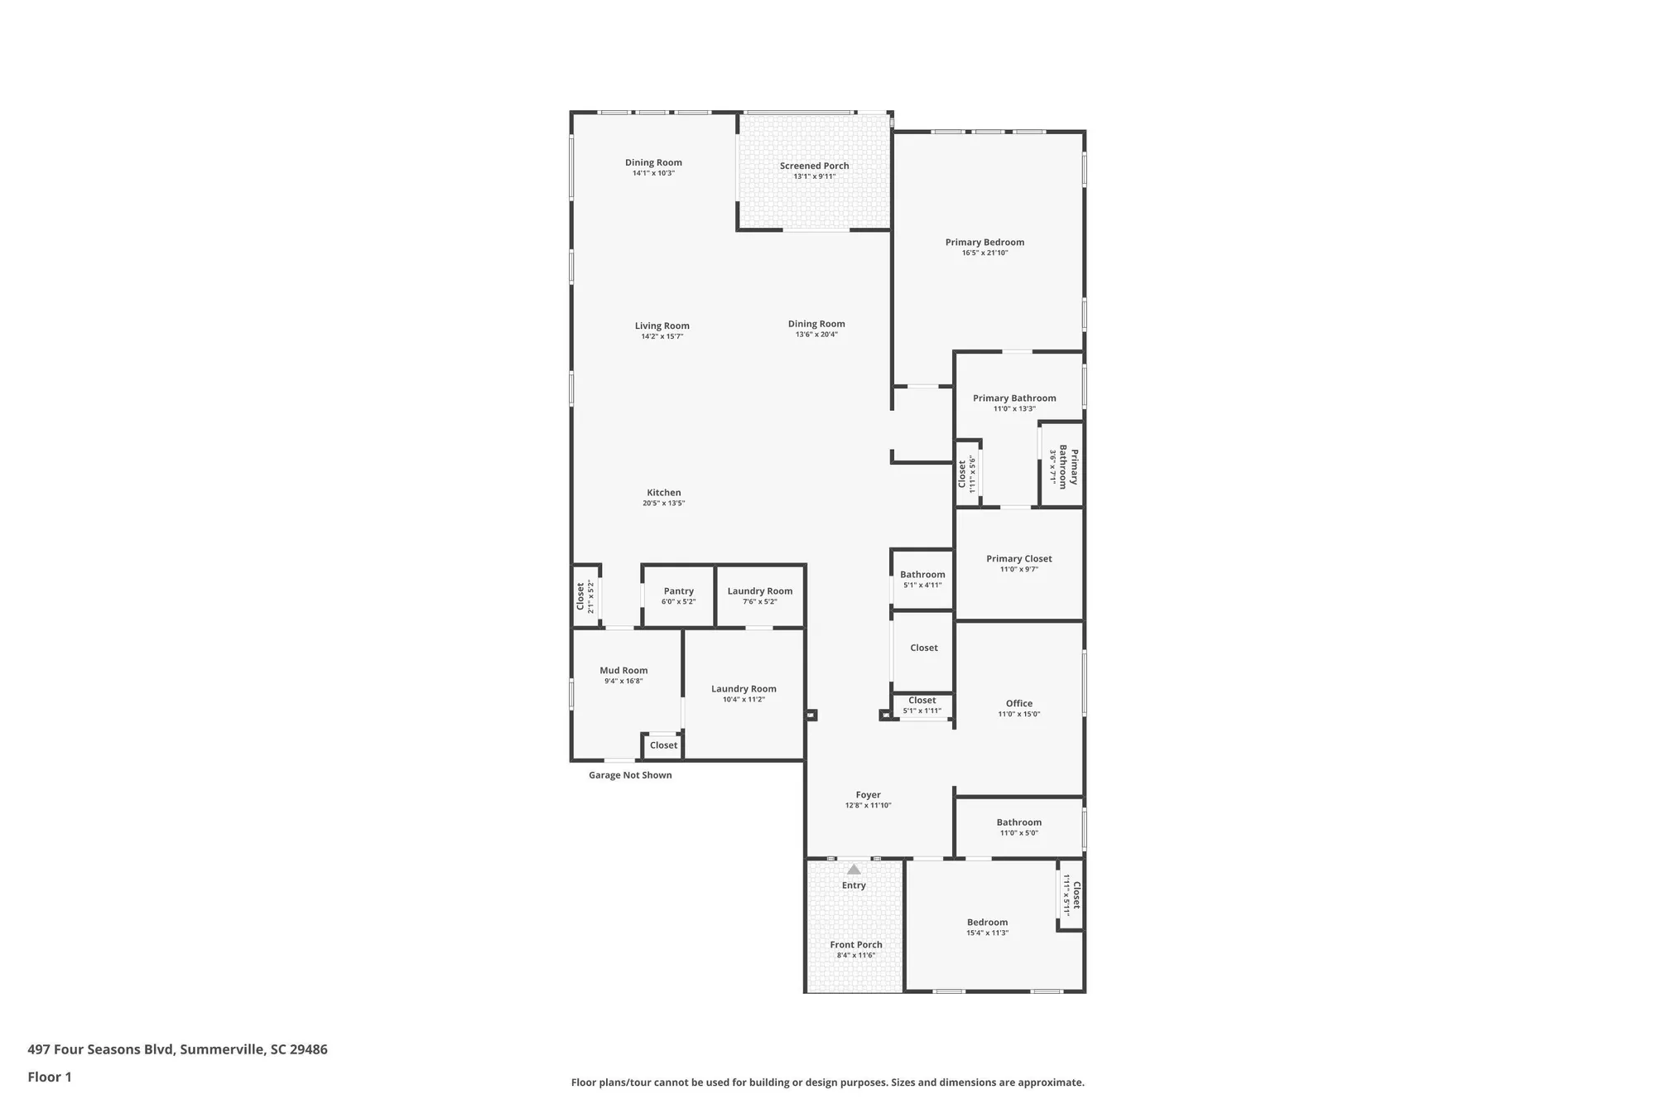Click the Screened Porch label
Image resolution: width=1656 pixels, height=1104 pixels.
click(814, 166)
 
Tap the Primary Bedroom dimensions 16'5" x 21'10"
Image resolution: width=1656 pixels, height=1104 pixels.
click(984, 253)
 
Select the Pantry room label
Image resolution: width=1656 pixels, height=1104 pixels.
click(678, 591)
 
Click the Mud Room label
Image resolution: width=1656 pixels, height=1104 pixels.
click(623, 671)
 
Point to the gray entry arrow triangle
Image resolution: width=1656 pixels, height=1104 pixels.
click(854, 870)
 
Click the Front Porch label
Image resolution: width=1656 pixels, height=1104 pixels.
click(856, 945)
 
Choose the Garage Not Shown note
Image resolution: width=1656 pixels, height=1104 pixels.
click(630, 775)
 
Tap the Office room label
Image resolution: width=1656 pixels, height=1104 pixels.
click(1018, 703)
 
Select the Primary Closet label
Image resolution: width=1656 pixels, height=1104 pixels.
click(1018, 559)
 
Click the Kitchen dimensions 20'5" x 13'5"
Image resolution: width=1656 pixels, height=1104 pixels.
click(663, 504)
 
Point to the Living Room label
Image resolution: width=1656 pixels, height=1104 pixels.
click(662, 326)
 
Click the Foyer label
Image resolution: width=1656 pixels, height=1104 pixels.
click(868, 795)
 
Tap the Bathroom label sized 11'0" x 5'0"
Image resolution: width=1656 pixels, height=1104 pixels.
click(1018, 822)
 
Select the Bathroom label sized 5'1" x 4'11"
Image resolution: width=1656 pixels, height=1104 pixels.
click(922, 575)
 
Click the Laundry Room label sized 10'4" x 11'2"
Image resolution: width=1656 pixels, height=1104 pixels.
click(744, 689)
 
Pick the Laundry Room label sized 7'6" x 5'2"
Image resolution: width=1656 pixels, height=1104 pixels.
click(759, 591)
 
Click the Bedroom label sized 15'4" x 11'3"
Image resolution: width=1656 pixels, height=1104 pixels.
click(987, 923)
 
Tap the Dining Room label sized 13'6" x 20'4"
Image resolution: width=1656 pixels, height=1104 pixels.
click(816, 325)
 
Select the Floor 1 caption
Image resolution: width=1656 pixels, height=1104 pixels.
click(50, 1077)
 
